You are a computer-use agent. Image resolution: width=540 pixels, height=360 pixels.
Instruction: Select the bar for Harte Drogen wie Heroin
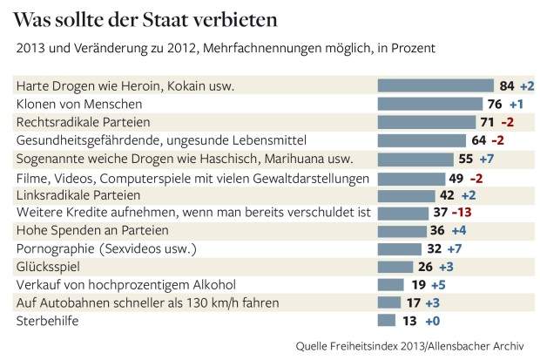tap(435, 85)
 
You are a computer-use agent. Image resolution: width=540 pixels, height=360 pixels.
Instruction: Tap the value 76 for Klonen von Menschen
tap(493, 104)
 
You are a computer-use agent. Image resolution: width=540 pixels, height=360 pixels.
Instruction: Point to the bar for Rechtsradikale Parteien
tap(426, 122)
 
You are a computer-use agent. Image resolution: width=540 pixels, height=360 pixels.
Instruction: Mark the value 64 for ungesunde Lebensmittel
tap(479, 139)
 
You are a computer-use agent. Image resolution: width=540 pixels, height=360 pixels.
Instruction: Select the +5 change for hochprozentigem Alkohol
tap(442, 284)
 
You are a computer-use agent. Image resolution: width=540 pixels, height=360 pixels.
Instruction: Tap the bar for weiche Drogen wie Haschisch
tap(415, 159)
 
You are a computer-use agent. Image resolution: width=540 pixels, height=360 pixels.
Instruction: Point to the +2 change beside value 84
tap(527, 85)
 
